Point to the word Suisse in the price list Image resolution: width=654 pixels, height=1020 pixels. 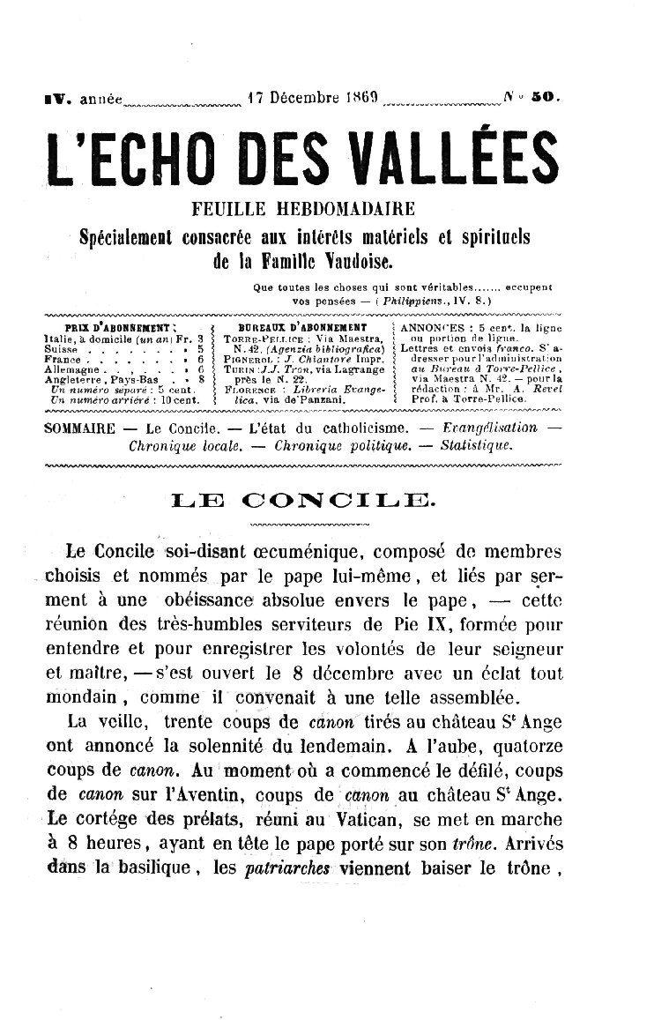pos(59,349)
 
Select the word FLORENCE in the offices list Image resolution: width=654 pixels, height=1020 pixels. pos(249,389)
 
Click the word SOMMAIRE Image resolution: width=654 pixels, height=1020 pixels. pos(79,428)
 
